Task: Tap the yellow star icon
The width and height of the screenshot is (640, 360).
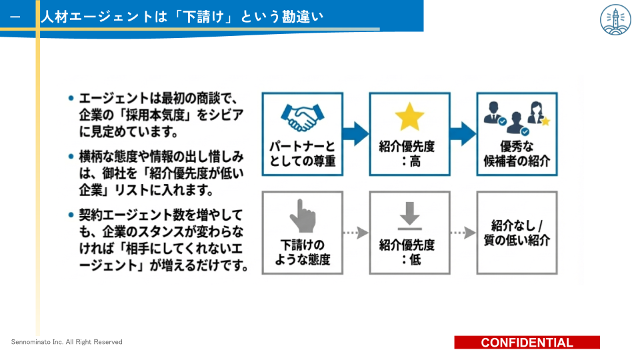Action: click(409, 117)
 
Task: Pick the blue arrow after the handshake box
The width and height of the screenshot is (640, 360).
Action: click(356, 133)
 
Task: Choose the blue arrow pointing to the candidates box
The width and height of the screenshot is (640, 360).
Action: click(463, 133)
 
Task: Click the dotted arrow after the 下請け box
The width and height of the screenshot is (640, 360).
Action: click(356, 233)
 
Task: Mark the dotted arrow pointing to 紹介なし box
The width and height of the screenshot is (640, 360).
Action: click(463, 233)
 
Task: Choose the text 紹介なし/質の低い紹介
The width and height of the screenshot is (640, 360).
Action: click(517, 233)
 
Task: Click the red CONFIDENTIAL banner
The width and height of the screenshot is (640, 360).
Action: click(527, 343)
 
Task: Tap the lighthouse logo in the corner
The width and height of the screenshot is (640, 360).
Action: click(615, 19)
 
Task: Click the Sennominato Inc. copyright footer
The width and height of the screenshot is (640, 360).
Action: click(67, 342)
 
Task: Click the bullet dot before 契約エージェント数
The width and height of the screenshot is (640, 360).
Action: click(71, 215)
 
